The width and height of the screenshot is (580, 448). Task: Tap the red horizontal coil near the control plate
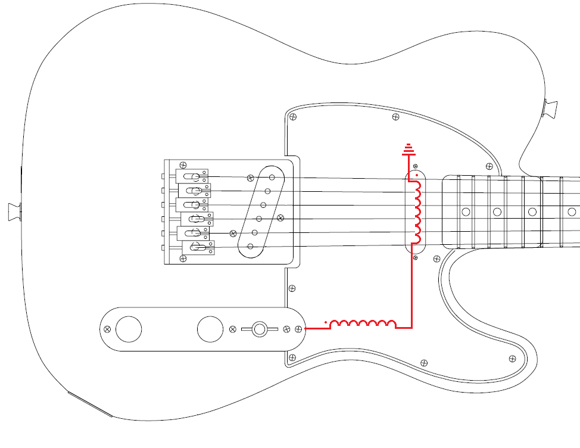tap(363, 323)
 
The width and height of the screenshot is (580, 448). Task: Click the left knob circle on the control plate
tap(129, 329)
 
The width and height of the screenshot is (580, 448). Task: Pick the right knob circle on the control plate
tap(210, 329)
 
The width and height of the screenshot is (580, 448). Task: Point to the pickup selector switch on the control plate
tap(259, 329)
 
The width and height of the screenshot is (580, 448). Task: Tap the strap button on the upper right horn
tap(551, 108)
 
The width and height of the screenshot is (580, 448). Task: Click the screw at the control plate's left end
tap(107, 329)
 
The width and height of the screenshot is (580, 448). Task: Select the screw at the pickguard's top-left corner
tap(292, 117)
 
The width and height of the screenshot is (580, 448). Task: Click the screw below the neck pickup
tap(416, 259)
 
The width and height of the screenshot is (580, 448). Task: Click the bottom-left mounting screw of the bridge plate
tap(183, 259)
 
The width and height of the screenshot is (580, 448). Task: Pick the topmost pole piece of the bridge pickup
tap(272, 176)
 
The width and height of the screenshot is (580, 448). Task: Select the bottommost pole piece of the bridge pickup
tap(251, 246)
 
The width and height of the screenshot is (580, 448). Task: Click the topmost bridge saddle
tap(192, 176)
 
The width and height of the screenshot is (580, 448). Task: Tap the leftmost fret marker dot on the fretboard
tap(466, 211)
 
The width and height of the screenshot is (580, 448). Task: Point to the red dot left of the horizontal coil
tap(326, 322)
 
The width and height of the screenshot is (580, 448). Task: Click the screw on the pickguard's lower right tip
tap(512, 359)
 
